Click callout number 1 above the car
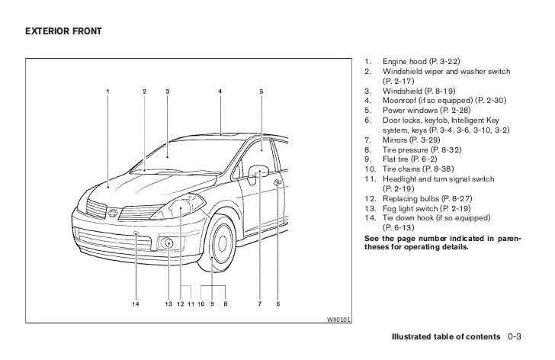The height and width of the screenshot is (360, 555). click(107, 92)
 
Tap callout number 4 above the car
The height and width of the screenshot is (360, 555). click(220, 92)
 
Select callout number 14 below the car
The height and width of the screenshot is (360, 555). click(136, 304)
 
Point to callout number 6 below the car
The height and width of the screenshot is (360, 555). click(278, 304)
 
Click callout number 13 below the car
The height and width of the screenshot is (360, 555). click(168, 304)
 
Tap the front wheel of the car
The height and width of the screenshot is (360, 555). click(221, 246)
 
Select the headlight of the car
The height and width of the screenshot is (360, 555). click(183, 207)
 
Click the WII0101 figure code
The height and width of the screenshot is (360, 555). click(337, 319)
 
